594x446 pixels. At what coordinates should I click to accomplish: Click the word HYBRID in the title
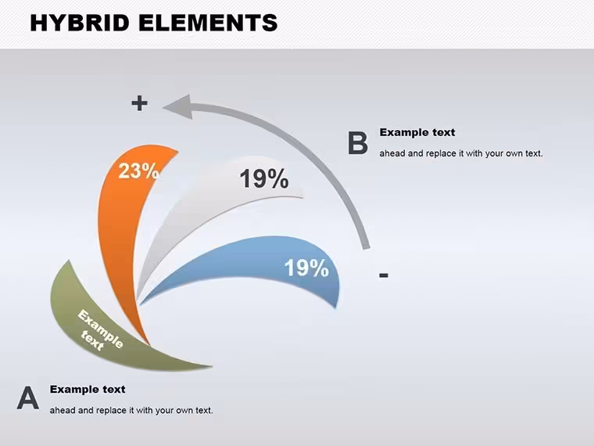[80, 23]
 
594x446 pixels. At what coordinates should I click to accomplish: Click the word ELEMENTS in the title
[208, 23]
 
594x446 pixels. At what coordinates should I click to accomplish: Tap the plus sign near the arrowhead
[139, 103]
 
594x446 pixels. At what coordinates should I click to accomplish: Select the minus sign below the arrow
[384, 275]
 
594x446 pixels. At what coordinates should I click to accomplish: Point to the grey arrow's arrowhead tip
[163, 108]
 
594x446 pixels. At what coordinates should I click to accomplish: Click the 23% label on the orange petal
[138, 171]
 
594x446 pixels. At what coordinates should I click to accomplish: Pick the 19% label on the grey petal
[264, 178]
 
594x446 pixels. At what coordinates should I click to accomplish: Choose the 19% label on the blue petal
[306, 268]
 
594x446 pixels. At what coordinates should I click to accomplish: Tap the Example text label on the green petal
[98, 329]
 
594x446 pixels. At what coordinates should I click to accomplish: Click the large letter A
[27, 397]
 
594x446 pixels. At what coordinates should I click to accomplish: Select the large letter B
[358, 143]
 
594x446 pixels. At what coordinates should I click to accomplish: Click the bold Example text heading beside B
[417, 132]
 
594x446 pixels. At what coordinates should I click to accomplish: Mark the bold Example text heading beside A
[88, 389]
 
